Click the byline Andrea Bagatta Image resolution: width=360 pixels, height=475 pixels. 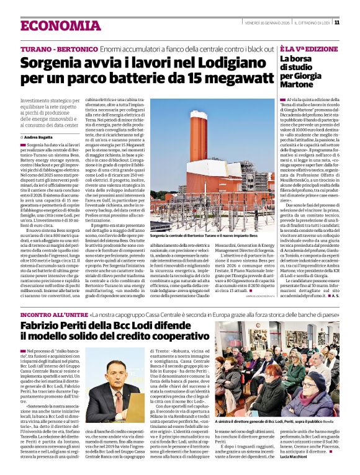click(x=39, y=136)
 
